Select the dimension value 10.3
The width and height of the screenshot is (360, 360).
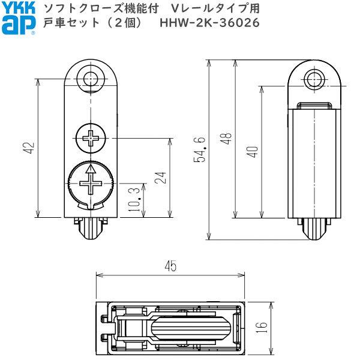134,199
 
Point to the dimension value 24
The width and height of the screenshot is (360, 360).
160,178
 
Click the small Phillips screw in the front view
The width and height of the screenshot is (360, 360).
91,138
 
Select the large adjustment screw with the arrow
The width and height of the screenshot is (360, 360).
89,182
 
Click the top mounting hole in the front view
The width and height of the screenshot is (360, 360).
91,78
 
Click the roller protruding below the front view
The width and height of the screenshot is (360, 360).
91,229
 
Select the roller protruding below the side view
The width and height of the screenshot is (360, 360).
313,229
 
